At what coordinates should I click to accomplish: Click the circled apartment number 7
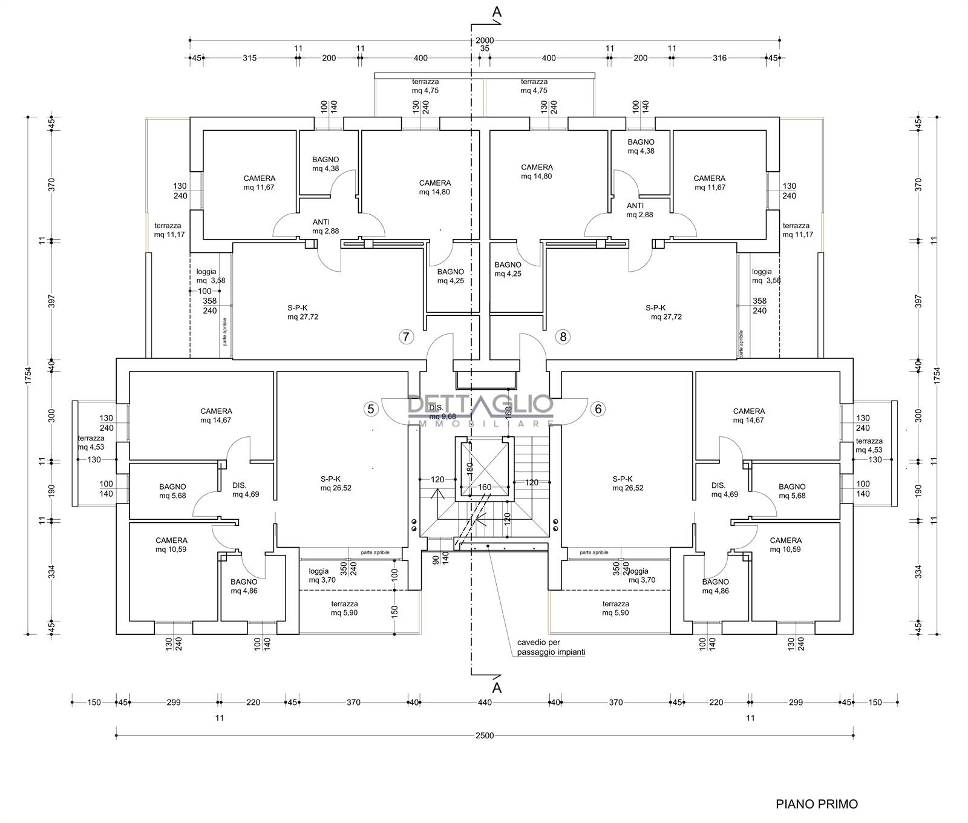[406, 337]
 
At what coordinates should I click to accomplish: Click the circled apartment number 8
[563, 337]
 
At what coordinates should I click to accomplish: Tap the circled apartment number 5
[371, 409]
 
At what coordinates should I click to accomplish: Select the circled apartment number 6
[598, 409]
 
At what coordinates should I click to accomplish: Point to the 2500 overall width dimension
[485, 735]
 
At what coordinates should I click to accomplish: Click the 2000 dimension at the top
[485, 41]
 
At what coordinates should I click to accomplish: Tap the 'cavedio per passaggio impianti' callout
[551, 648]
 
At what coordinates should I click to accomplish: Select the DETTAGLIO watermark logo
[481, 407]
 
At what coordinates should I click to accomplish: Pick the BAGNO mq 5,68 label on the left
[172, 491]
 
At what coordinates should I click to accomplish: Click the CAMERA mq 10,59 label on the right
[785, 545]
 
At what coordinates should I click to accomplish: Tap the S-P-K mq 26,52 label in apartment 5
[330, 483]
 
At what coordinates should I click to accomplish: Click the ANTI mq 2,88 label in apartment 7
[321, 226]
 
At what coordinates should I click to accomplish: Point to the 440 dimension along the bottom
[485, 703]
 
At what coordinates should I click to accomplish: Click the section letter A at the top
[497, 11]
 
